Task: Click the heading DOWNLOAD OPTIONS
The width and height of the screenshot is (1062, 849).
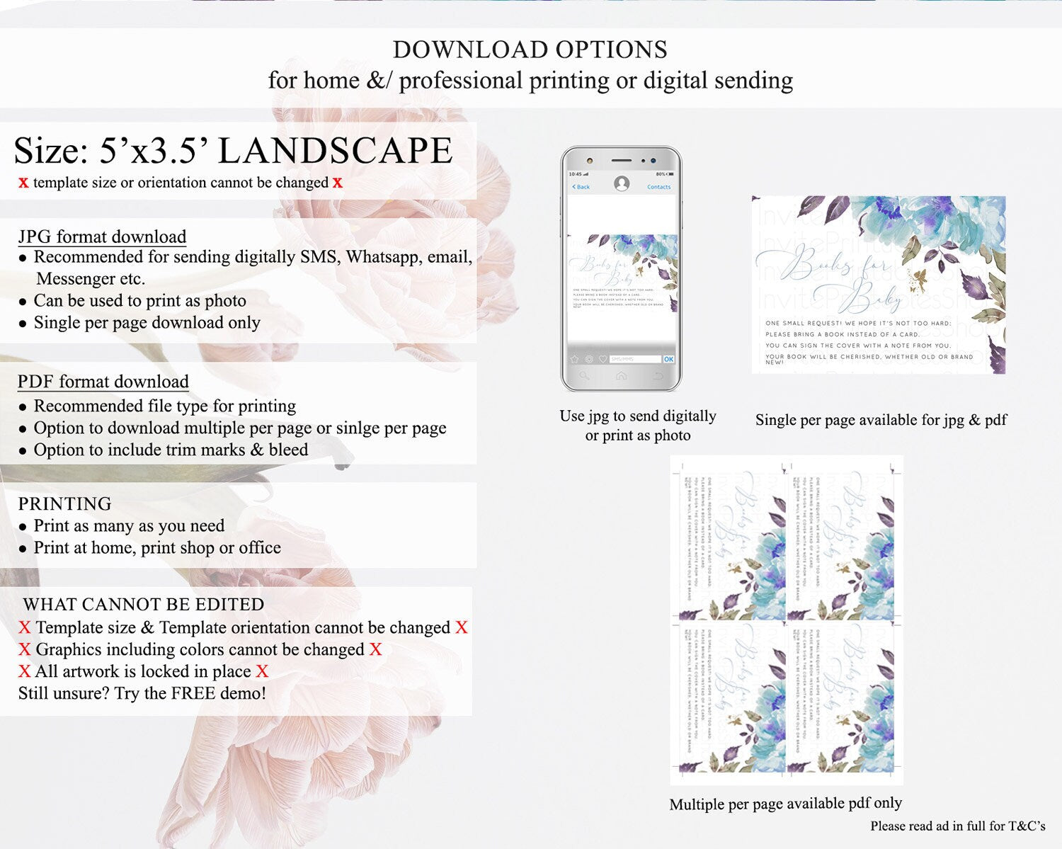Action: point(530,50)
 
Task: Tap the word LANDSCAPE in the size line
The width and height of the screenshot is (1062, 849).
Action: point(335,151)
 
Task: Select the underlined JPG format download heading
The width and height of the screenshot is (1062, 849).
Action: point(102,237)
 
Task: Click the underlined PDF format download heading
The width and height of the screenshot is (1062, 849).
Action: point(103,382)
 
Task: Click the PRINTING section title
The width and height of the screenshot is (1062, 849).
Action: point(64,503)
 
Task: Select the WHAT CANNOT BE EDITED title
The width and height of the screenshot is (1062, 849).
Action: point(144,604)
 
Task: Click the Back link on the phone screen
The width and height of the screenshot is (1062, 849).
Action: point(581,187)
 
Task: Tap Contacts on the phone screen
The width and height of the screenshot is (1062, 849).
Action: point(658,187)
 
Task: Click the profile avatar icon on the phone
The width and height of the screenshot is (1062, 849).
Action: point(622,184)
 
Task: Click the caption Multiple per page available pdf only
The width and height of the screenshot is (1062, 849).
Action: point(785,804)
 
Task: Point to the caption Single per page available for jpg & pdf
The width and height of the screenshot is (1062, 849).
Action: point(881,420)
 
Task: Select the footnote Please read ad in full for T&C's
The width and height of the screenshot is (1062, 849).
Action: point(957,826)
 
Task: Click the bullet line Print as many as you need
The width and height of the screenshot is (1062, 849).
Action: point(129,525)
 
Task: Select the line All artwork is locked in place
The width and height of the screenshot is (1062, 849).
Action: point(143,671)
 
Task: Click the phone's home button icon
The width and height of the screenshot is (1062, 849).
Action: point(621,376)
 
